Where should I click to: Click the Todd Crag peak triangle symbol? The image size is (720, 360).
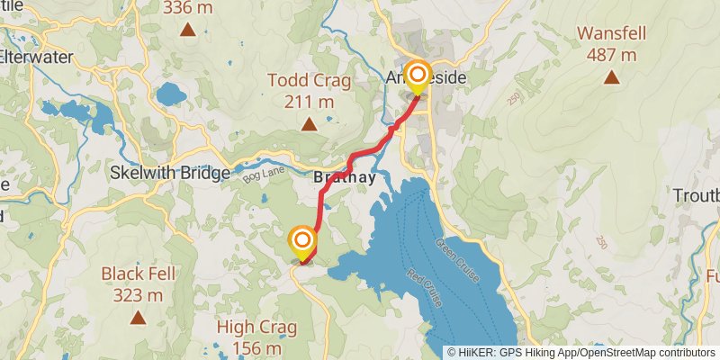[308, 124]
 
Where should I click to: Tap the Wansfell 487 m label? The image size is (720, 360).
[611, 43]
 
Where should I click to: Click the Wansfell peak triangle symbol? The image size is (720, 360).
[611, 77]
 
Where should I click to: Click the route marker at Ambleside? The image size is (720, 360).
[418, 76]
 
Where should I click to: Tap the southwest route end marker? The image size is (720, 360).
[303, 241]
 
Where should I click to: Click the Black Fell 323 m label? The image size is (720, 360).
[138, 283]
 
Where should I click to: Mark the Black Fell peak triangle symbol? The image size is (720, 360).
[138, 317]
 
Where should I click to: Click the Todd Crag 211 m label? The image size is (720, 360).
[308, 91]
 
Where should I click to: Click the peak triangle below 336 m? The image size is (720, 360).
[188, 30]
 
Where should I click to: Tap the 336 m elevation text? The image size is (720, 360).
[188, 8]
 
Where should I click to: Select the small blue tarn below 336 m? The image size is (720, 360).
[168, 94]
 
